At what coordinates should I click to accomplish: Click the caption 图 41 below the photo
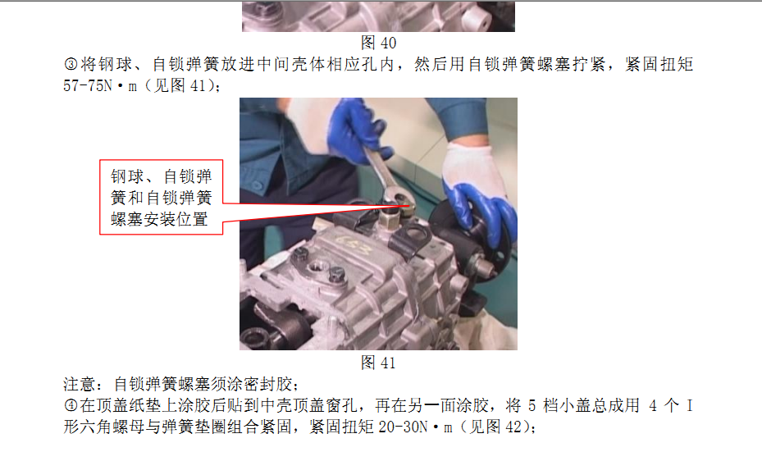pos(378,363)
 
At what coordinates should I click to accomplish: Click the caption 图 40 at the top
pos(378,43)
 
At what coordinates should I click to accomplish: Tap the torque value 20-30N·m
pos(416,427)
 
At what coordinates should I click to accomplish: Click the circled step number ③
pos(71,64)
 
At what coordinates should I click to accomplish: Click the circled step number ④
pos(71,405)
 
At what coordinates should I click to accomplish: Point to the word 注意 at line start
pos(80,384)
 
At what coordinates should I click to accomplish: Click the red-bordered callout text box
pos(162,198)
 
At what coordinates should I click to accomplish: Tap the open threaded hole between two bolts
pos(319,267)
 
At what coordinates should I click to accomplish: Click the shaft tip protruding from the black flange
pos(484,267)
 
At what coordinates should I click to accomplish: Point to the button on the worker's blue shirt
pos(257,185)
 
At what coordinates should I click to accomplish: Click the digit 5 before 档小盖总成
pos(532,405)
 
